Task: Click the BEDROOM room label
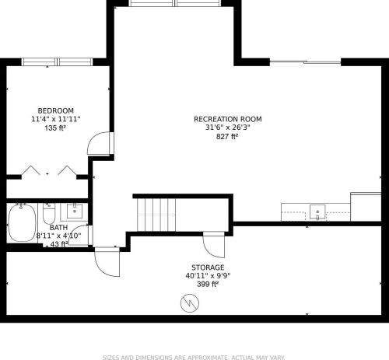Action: point(56,111)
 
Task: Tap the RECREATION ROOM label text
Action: point(228,119)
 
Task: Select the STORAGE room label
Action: point(208,267)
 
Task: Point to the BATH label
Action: point(58,228)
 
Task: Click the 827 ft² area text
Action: point(227,136)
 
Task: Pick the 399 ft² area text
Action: point(208,284)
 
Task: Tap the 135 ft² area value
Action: point(55,128)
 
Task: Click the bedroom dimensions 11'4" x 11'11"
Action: point(56,119)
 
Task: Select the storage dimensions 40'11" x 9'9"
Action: point(208,276)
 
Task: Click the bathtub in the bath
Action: point(22,223)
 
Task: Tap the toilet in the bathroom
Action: point(49,214)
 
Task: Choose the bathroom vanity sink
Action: point(75,211)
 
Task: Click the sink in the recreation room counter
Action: point(317,212)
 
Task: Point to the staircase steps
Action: point(156,215)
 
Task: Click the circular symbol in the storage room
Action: point(190,303)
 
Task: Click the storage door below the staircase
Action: point(214,245)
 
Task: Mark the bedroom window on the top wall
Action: point(57,62)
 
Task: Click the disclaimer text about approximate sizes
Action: point(194,358)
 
